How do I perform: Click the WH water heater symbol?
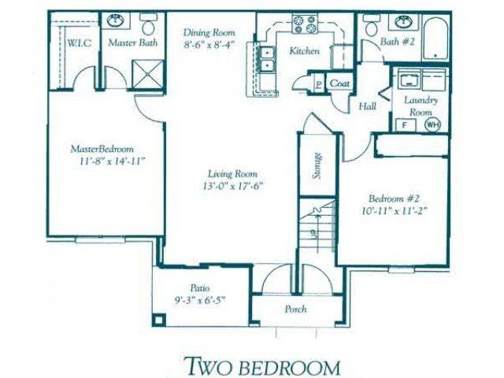432,124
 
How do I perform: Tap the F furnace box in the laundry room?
405,124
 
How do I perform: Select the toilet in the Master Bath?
148,25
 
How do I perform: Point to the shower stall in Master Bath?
147,74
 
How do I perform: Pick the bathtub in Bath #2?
435,39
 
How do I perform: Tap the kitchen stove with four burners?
305,24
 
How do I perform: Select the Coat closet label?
339,83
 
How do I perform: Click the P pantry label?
318,84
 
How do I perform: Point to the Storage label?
317,165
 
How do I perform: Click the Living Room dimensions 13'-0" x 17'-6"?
233,186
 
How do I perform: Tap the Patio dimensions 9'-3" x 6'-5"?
199,300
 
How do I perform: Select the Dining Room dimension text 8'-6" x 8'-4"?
209,44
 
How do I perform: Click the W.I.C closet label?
79,43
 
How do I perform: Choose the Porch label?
295,309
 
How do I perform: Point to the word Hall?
367,106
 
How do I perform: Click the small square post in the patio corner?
159,321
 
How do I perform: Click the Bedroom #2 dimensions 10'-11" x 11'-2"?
395,211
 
